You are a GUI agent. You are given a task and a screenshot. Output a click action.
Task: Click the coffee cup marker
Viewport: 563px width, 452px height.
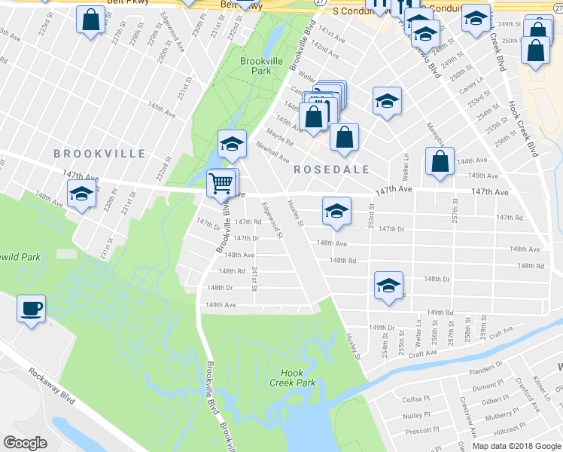31,309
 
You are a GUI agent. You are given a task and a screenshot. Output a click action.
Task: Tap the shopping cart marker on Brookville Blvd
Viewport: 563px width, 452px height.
221,182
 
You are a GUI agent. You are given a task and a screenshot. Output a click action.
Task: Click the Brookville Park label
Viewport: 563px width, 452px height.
254,66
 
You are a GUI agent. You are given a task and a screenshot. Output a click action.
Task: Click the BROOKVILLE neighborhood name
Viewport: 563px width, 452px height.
99,154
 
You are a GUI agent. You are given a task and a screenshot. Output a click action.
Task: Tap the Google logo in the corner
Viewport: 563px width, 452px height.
25,443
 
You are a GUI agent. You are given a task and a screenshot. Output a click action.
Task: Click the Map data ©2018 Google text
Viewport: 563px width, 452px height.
516,446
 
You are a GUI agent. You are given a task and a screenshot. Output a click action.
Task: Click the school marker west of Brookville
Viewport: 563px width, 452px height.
81,194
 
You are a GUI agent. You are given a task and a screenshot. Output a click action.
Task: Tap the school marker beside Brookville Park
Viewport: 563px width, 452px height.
233,145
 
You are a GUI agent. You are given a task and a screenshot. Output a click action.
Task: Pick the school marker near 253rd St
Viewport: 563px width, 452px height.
337,212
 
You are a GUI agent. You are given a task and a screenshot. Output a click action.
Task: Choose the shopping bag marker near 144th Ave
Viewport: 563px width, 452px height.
440,162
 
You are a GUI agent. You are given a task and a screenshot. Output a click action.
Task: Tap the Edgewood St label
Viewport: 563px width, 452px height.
270,219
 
